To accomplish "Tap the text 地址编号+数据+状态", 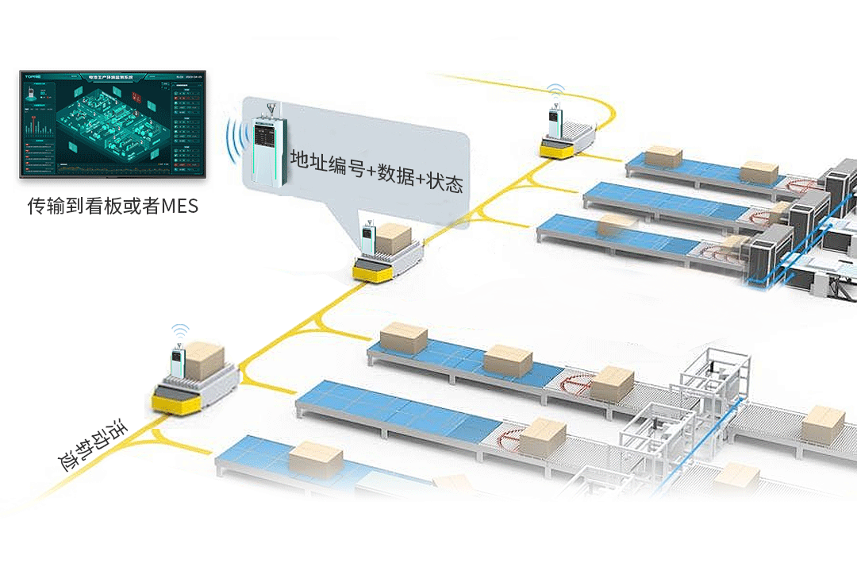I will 376,170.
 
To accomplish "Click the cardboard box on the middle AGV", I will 393,236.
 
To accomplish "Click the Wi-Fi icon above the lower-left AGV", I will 182,330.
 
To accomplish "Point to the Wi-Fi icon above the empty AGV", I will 555,87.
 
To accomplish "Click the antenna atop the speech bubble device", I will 270,108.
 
